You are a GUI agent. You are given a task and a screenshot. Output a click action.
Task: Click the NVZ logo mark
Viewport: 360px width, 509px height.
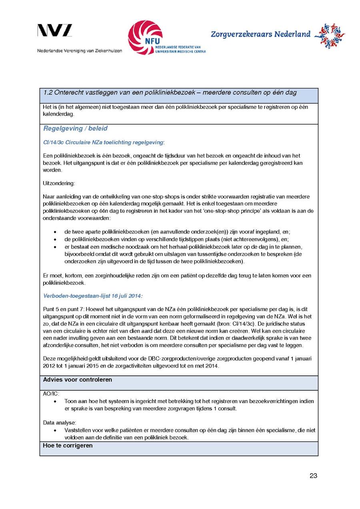pos(55,31)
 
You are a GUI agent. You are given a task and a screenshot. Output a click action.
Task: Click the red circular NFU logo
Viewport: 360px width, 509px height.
pos(145,38)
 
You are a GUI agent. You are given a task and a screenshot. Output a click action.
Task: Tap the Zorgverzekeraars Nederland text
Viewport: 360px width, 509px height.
pos(260,34)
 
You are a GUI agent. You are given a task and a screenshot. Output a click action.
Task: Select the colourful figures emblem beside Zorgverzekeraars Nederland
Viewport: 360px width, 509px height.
pos(330,36)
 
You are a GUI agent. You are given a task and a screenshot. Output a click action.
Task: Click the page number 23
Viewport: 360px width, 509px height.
pos(313,475)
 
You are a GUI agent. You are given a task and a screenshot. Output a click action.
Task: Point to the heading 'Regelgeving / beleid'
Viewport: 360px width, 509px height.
pos(75,129)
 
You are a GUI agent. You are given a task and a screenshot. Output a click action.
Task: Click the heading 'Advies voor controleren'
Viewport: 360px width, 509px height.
pos(78,379)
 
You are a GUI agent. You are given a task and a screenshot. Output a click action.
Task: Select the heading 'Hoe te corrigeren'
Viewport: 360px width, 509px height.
pos(68,445)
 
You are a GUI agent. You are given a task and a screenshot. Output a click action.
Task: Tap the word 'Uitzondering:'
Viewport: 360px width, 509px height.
pos(59,183)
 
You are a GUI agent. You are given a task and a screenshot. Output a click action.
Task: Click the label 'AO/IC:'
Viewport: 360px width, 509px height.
pos(51,393)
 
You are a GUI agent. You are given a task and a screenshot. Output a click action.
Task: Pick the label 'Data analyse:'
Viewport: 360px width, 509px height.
pos(60,422)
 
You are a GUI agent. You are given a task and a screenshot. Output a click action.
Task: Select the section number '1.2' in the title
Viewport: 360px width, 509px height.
pos(48,93)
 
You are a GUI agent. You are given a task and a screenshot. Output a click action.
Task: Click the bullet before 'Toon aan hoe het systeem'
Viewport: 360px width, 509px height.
pos(55,401)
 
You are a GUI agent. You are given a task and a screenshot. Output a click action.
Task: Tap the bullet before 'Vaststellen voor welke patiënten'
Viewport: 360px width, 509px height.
pos(55,430)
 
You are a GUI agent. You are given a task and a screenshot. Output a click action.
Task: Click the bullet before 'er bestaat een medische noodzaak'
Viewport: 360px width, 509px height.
pos(55,247)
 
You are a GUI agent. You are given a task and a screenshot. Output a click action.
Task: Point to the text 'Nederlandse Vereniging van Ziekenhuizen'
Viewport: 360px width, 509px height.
pos(80,51)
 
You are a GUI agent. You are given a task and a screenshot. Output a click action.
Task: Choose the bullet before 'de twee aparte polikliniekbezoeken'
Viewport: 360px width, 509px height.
pos(55,232)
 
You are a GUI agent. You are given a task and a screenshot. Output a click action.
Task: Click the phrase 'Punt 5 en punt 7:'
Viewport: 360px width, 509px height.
pos(63,309)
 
